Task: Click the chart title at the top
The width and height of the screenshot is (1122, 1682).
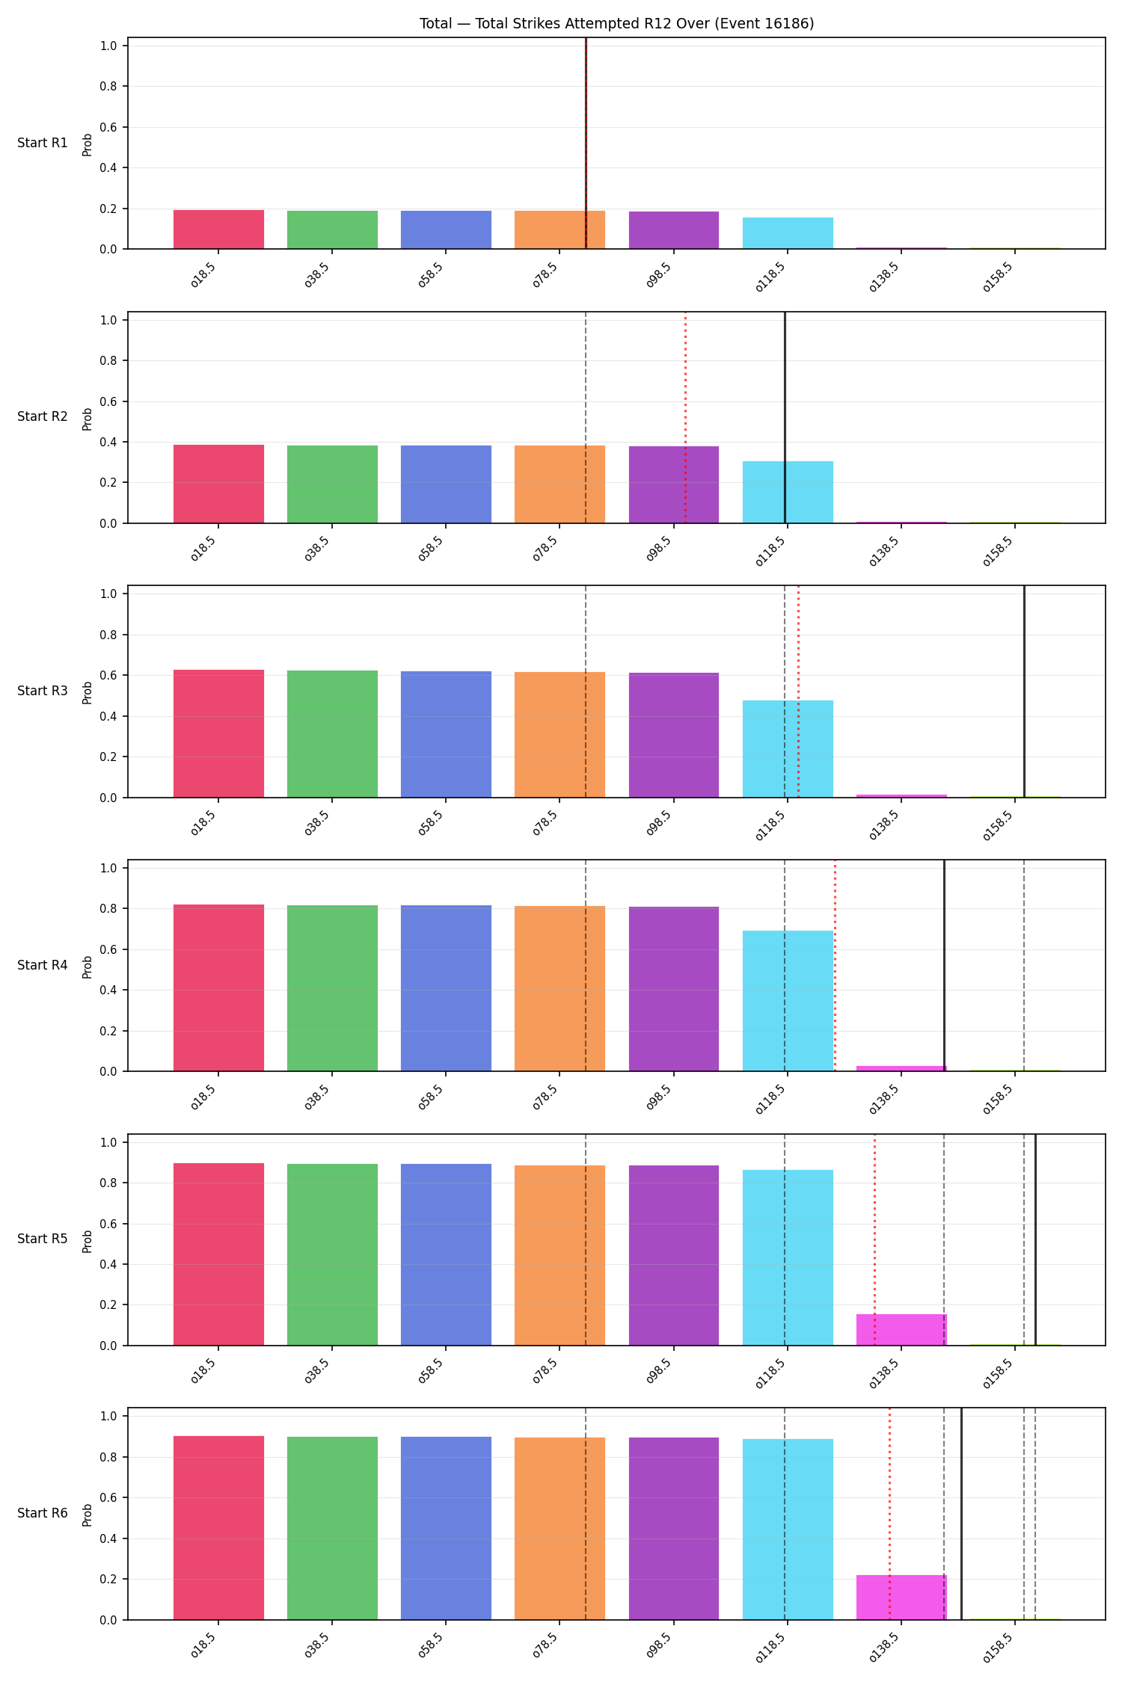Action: coord(616,23)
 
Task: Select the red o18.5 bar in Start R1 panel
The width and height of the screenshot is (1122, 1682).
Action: coord(218,229)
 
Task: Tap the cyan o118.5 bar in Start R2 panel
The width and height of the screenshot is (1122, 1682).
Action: coord(788,492)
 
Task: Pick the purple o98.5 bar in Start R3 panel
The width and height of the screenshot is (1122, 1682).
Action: coord(674,735)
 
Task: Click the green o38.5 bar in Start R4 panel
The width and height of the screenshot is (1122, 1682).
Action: coord(332,988)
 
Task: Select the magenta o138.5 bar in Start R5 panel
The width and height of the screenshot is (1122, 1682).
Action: coord(901,1330)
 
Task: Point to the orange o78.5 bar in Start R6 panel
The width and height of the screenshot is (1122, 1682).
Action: coord(560,1529)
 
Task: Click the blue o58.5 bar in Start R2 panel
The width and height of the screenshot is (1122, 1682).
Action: coord(446,484)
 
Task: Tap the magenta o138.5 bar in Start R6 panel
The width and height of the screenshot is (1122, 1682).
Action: coord(901,1598)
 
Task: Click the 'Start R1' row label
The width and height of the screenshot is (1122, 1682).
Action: coord(43,143)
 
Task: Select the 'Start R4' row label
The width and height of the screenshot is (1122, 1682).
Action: coord(43,965)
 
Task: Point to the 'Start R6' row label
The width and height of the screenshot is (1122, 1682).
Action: coord(43,1513)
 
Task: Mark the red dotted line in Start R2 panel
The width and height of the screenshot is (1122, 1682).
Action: coord(685,417)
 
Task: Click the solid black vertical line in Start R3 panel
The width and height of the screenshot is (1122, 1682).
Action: coord(1024,691)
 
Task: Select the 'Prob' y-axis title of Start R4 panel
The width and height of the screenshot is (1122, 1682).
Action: coord(88,966)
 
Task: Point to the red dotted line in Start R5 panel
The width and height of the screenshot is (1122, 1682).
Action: coord(874,1239)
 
